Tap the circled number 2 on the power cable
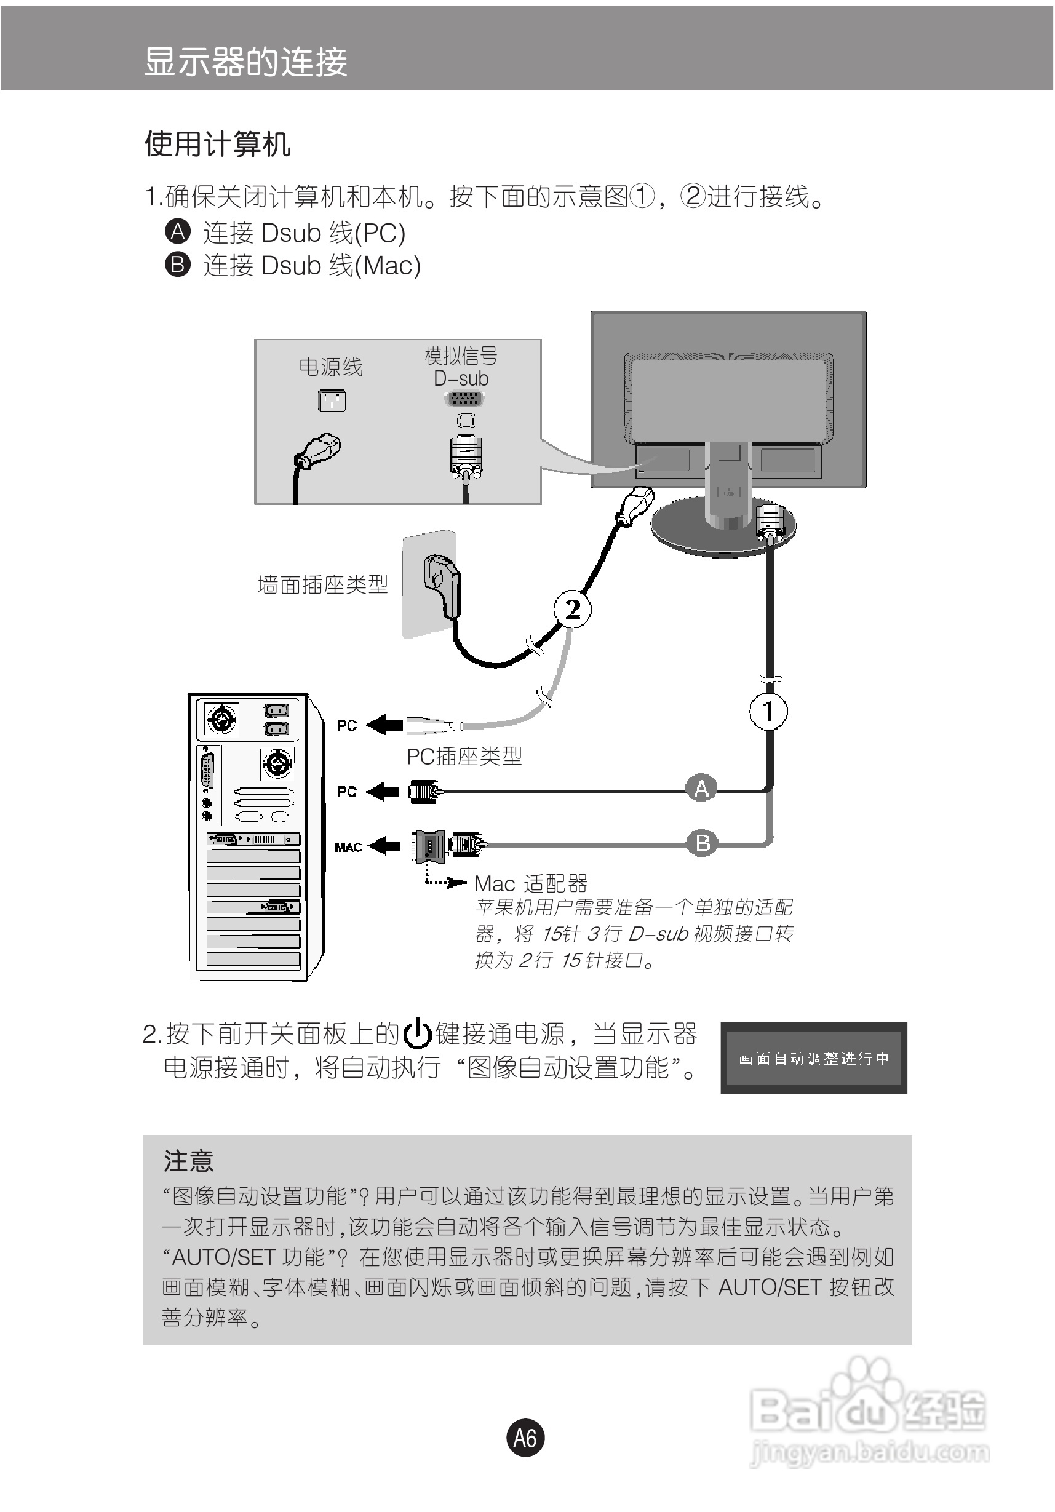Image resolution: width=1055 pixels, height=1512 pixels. (572, 608)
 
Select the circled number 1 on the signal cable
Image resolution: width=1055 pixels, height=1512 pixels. (768, 711)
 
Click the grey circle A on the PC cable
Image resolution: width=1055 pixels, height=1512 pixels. (701, 787)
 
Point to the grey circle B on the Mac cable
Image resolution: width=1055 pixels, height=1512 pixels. (703, 842)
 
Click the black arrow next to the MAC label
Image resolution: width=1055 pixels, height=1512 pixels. (384, 846)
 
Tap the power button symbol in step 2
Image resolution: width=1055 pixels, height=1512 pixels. (417, 1033)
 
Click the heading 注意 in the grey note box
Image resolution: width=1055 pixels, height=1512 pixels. (188, 1160)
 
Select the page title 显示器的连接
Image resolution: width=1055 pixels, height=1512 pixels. (245, 63)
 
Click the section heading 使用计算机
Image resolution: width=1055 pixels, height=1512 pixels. (217, 144)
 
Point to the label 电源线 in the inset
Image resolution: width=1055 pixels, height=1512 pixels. (330, 367)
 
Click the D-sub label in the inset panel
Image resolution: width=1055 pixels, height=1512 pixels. (461, 379)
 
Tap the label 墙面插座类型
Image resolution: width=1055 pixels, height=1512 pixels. (323, 584)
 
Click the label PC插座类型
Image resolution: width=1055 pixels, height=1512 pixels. (464, 757)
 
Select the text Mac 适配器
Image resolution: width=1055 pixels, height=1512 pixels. (531, 883)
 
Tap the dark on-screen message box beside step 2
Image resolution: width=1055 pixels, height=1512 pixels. (813, 1057)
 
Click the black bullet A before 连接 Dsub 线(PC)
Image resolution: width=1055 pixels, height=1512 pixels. (177, 232)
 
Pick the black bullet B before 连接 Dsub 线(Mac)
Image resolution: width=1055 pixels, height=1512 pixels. (177, 265)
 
